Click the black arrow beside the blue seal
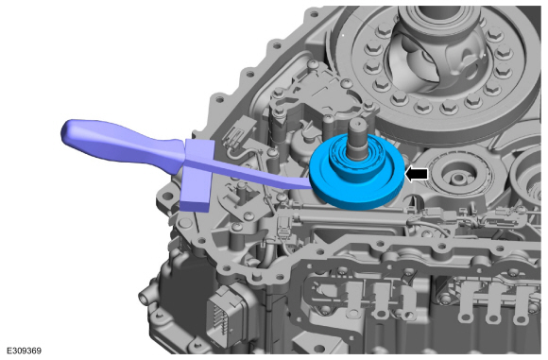pos(417,174)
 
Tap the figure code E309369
pos(24,351)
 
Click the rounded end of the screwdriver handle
pos(68,131)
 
